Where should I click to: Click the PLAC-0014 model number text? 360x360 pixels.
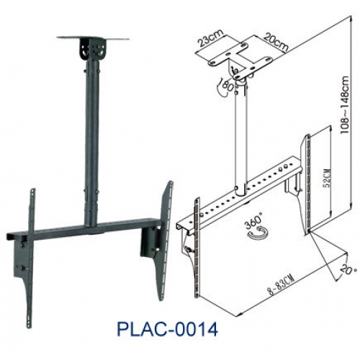168,329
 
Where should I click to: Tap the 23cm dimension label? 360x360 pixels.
210,37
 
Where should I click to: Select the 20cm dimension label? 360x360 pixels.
276,42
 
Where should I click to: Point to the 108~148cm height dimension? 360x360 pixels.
345,105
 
